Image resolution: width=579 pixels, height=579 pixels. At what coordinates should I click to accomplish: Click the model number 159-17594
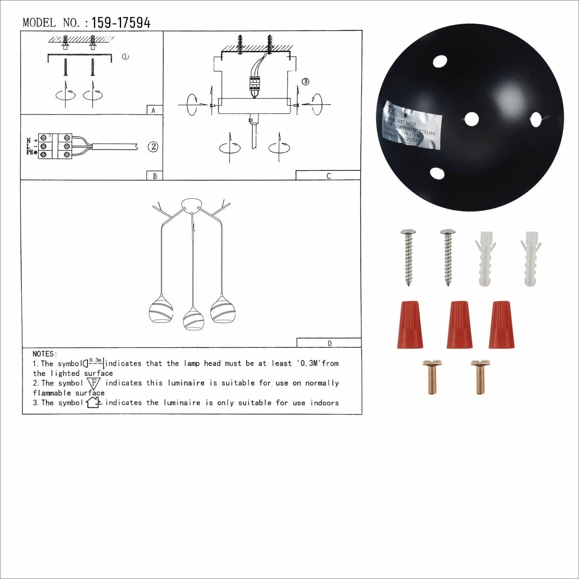(121, 23)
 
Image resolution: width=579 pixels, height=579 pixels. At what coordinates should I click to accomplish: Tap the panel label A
(153, 110)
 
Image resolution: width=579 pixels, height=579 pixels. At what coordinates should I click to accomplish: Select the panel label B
(154, 176)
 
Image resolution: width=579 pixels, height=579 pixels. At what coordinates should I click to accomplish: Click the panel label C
(329, 176)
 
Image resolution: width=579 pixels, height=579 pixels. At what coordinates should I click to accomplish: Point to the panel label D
(330, 344)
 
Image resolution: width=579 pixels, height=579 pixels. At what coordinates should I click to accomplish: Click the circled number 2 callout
(153, 147)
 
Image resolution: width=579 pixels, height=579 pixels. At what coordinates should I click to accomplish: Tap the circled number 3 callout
(305, 82)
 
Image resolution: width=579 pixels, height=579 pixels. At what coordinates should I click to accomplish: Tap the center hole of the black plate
(471, 118)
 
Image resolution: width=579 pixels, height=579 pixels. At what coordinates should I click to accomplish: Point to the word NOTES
(45, 354)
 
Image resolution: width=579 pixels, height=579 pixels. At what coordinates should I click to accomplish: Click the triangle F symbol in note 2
(94, 384)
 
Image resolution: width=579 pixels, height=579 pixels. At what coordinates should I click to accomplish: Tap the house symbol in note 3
(93, 402)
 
